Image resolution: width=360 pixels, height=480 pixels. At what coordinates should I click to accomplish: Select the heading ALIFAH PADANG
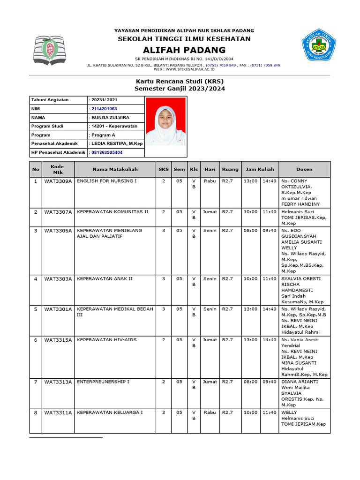pyautogui.click(x=184, y=50)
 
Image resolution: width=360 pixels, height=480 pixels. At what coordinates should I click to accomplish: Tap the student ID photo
pyautogui.click(x=166, y=121)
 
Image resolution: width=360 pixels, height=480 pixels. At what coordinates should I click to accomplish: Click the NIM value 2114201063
pyautogui.click(x=104, y=109)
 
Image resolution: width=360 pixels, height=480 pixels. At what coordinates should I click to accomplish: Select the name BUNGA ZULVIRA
pyautogui.click(x=110, y=118)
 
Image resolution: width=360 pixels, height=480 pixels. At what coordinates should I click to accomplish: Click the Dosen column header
pyautogui.click(x=304, y=169)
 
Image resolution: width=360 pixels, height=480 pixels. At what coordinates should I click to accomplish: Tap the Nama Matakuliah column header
pyautogui.click(x=114, y=169)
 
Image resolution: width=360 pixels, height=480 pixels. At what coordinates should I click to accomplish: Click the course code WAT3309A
pyautogui.click(x=58, y=181)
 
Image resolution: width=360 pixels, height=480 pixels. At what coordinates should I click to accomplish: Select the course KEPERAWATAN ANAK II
pyautogui.click(x=105, y=279)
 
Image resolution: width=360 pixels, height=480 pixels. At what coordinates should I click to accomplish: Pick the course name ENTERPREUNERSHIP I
pyautogui.click(x=103, y=382)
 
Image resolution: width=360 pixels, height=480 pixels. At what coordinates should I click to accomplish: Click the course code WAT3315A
pyautogui.click(x=58, y=340)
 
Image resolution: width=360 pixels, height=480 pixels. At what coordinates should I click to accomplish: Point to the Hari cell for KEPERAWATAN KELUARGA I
pyautogui.click(x=210, y=413)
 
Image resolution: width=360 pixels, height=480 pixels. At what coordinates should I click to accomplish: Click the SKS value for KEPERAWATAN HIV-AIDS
pyautogui.click(x=164, y=340)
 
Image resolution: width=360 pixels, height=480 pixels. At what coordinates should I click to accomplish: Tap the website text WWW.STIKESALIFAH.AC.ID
pyautogui.click(x=190, y=69)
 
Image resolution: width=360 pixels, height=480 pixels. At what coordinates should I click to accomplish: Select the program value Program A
pyautogui.click(x=103, y=135)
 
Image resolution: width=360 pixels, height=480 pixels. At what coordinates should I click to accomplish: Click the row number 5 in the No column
pyautogui.click(x=36, y=309)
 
